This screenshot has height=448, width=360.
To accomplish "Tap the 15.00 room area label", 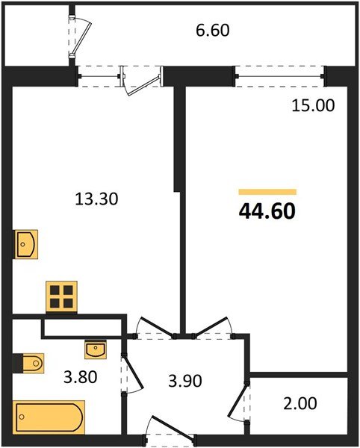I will pyautogui.click(x=313, y=105).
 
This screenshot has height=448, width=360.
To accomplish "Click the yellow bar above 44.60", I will pyautogui.click(x=267, y=192).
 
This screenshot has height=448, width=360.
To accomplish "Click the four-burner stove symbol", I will pyautogui.click(x=62, y=296).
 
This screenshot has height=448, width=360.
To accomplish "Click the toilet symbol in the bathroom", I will pyautogui.click(x=28, y=364).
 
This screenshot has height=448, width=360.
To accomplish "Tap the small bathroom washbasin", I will pyautogui.click(x=96, y=349).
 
